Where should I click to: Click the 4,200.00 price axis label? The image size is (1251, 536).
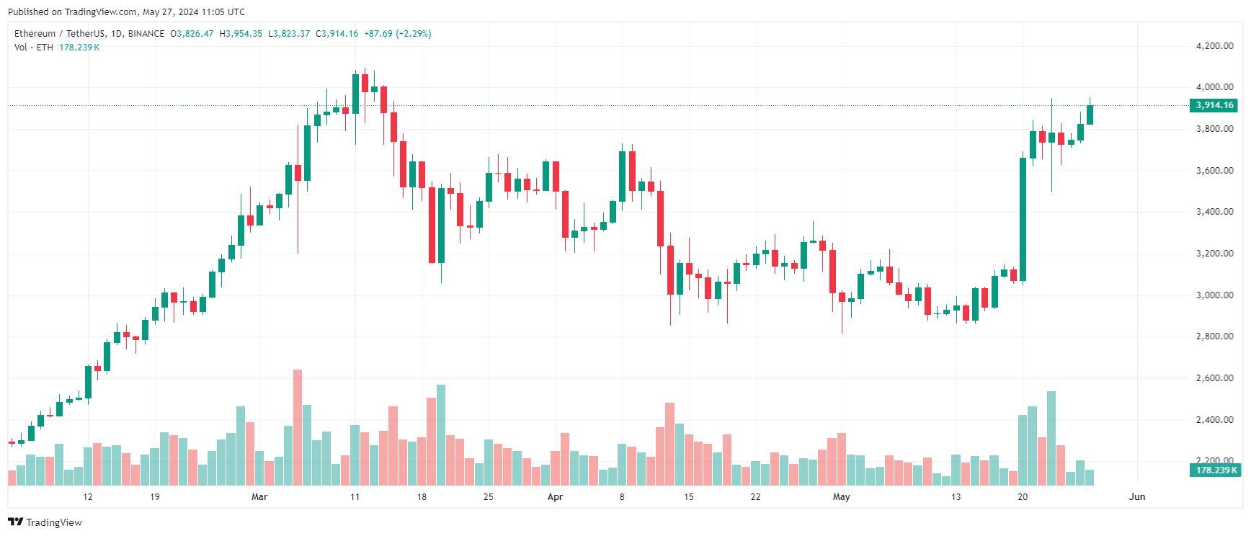(1214, 46)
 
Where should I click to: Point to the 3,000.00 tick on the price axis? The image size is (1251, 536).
(1214, 295)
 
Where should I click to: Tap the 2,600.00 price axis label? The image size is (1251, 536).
(1214, 378)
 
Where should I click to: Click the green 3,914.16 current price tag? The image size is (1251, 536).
(1214, 105)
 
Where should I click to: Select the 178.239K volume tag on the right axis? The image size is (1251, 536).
(1216, 470)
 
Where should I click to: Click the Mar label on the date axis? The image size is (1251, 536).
(259, 497)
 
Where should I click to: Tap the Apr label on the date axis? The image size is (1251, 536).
(555, 497)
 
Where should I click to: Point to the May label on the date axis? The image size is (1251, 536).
(841, 497)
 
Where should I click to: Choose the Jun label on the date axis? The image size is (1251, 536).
(1137, 497)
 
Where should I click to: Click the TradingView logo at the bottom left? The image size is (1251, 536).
(45, 522)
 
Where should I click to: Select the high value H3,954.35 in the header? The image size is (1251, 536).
(241, 34)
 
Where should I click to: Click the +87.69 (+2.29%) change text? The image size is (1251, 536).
(397, 34)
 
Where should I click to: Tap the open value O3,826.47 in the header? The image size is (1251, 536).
(192, 34)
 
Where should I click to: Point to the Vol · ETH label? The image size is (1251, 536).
(34, 48)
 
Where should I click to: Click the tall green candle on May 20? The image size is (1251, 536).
(1023, 219)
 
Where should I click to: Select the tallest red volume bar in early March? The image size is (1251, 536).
(298, 427)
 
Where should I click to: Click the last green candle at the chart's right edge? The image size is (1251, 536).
(1090, 115)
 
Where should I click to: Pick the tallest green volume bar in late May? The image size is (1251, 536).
(1051, 438)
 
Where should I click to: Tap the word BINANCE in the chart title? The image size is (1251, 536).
(146, 34)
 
